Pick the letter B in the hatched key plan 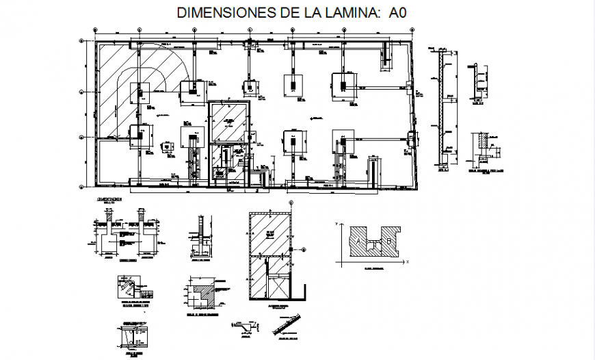388,240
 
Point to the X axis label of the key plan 406,261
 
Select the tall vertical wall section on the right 443,110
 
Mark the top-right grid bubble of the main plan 412,31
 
